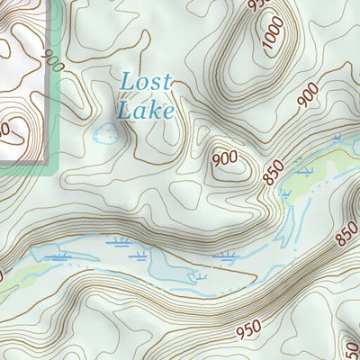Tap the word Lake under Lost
point(145,110)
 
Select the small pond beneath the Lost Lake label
point(106,136)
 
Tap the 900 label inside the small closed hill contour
point(224,158)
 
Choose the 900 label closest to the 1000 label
point(307,91)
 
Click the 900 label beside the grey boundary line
point(52,64)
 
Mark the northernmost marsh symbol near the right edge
point(337,138)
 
